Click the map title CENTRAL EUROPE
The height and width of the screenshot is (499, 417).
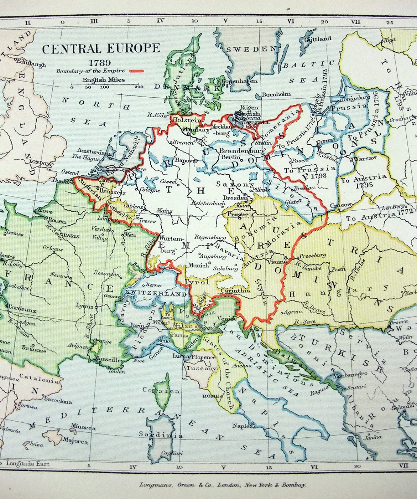(x=101, y=48)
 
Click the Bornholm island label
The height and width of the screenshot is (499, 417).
(x=276, y=94)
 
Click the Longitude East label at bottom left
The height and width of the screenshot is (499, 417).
(x=27, y=464)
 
